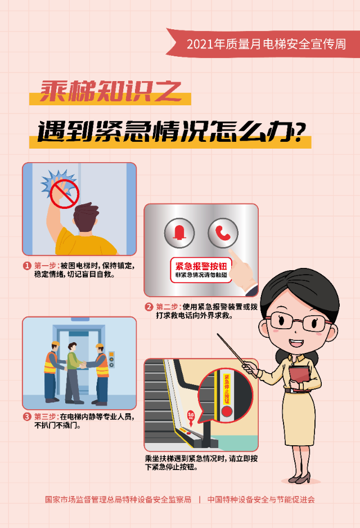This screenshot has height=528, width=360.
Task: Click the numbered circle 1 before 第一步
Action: [x=27, y=266]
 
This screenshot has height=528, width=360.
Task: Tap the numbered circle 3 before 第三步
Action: [x=27, y=417]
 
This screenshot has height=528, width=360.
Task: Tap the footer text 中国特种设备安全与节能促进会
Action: [x=261, y=499]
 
